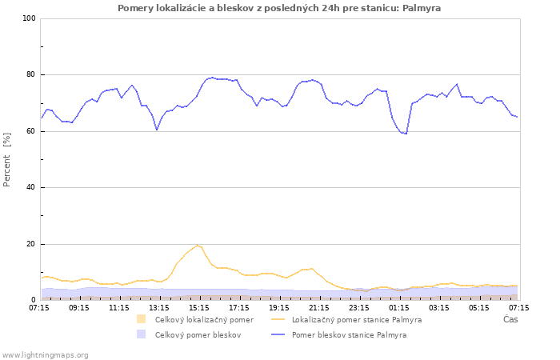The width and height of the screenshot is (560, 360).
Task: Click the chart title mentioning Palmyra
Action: [x=279, y=8]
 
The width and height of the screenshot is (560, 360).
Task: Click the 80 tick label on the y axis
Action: [x=30, y=75]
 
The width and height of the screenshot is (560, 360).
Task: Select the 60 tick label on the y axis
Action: [x=30, y=131]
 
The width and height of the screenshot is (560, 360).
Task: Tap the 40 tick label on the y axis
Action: [x=30, y=188]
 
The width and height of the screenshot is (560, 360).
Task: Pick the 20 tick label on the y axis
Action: [x=30, y=244]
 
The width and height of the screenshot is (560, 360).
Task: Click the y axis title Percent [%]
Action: [x=7, y=160]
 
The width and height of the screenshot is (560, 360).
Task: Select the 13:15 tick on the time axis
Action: [x=159, y=307]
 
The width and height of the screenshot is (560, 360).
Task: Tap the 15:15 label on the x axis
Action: [x=199, y=307]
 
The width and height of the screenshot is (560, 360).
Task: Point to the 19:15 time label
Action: [x=279, y=307]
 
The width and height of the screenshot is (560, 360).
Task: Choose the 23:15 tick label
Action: [x=359, y=307]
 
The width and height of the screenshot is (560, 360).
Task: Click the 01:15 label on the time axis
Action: [x=399, y=307]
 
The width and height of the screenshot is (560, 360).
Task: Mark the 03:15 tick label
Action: [x=439, y=307]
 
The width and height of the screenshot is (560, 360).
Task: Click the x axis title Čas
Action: [x=510, y=319]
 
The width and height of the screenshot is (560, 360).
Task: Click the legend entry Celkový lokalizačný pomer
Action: [x=204, y=320]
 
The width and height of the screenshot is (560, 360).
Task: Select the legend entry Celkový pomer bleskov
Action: [x=198, y=335]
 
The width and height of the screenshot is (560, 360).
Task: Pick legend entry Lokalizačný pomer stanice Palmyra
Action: [x=357, y=320]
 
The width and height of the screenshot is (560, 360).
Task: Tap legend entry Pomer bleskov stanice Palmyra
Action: [x=349, y=335]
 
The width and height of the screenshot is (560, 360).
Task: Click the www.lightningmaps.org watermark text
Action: [x=45, y=354]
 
